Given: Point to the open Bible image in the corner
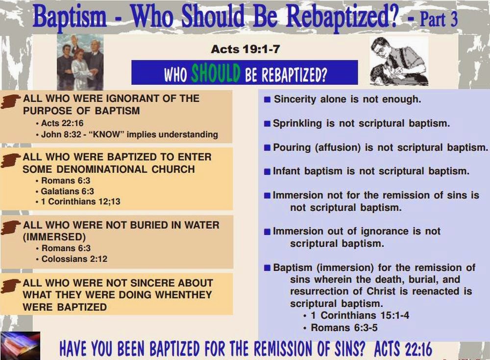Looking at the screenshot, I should click(x=20, y=344).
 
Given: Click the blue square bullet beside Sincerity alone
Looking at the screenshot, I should click(x=267, y=100).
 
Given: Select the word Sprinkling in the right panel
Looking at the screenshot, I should click(x=298, y=123).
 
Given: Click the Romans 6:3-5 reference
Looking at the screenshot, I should click(x=344, y=328).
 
